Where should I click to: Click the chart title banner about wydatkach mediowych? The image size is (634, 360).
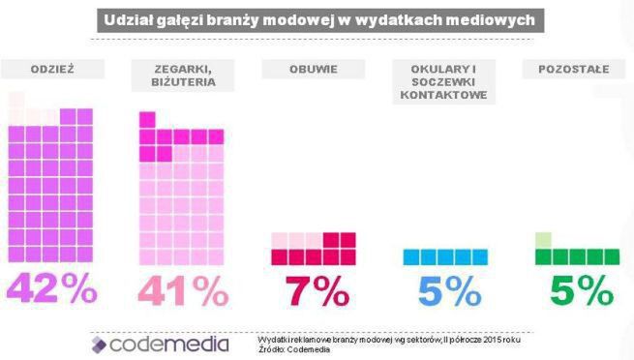click(317, 19)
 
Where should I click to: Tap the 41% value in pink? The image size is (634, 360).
click(184, 291)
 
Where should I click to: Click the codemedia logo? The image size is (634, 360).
click(160, 344)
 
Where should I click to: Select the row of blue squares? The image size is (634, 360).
click(446, 256)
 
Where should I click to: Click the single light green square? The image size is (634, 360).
click(543, 240)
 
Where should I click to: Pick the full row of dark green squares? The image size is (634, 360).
click(578, 256)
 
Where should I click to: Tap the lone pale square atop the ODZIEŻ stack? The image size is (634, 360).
click(16, 99)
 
